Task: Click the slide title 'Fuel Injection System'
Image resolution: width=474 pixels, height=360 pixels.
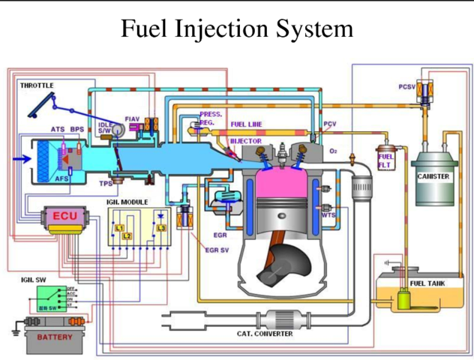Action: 236,29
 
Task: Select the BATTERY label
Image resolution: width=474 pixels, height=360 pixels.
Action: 55,337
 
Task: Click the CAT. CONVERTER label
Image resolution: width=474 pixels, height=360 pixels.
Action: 265,334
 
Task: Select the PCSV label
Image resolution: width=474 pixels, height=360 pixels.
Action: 407,86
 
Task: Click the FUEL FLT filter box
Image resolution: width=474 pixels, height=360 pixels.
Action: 386,160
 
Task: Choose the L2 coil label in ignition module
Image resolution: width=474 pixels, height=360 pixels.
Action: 127,235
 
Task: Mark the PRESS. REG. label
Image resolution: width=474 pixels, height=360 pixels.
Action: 211,118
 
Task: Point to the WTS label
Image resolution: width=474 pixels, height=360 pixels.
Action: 328,214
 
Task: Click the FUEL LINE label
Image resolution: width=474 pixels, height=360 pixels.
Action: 246,124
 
